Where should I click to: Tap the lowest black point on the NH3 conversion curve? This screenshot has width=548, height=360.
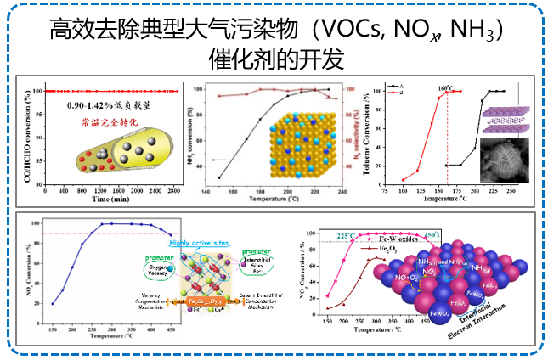point(219,177)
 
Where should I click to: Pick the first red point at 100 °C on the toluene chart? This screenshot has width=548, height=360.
point(403,180)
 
